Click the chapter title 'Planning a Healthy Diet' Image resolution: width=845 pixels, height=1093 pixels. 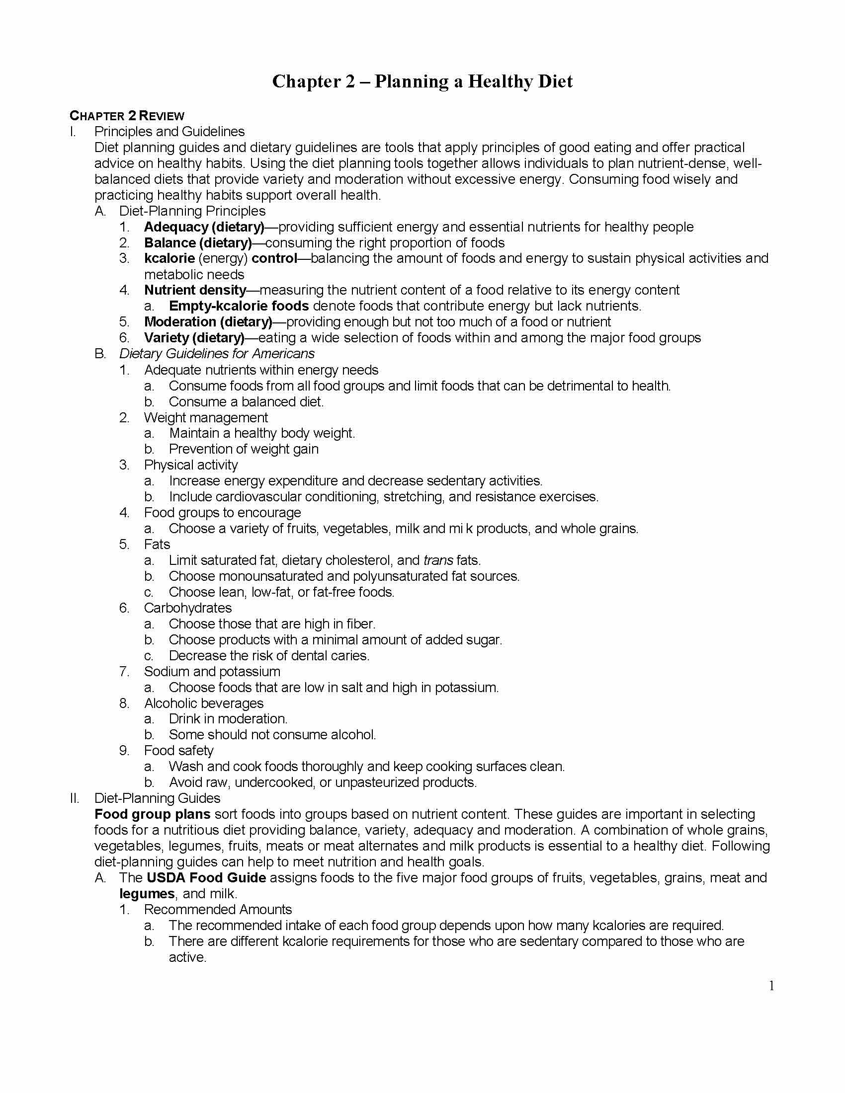(473, 81)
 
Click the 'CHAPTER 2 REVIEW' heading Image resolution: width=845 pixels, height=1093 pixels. (127, 116)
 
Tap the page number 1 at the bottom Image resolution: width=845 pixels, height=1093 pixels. (771, 986)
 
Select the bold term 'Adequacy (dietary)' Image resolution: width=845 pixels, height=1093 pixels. (204, 227)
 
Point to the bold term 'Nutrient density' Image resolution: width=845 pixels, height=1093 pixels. (195, 290)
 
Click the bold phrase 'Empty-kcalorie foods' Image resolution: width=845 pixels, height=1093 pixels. (239, 306)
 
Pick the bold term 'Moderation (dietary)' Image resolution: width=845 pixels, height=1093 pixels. (208, 322)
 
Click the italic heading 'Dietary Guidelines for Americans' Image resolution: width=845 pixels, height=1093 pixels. (217, 354)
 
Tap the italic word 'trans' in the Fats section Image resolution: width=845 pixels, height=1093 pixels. (438, 560)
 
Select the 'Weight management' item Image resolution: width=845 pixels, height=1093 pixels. (206, 417)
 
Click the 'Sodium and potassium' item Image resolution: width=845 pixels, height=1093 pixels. (212, 672)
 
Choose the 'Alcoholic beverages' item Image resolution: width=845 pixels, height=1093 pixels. (203, 703)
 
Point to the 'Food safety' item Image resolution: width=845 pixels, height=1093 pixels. (178, 751)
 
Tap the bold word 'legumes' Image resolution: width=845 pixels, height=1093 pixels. (147, 894)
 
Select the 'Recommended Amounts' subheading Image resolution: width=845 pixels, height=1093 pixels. (218, 909)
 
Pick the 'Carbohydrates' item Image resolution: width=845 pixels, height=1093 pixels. (188, 608)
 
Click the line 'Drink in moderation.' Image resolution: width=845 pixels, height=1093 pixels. (228, 719)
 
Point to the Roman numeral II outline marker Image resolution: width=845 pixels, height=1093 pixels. (75, 798)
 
